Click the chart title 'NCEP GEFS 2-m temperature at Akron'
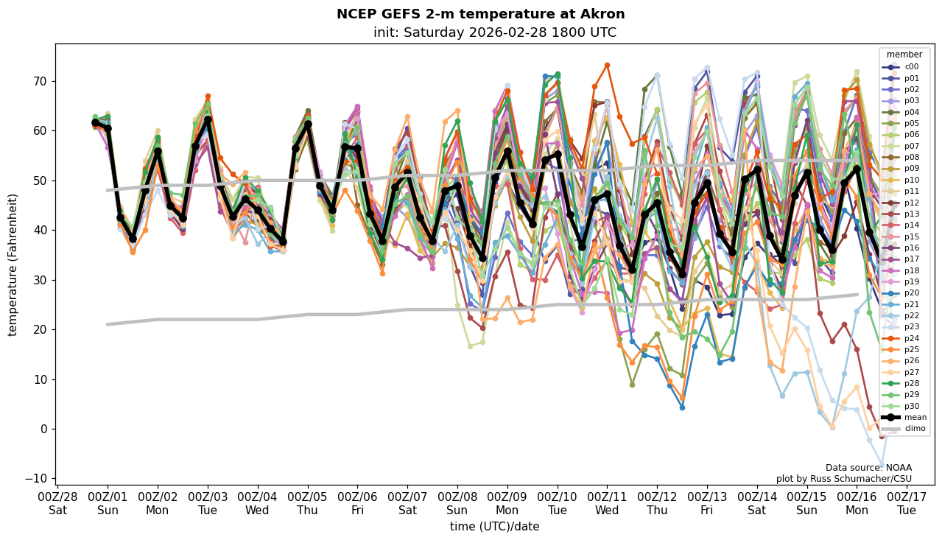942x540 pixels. point(480,14)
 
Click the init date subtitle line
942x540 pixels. point(494,32)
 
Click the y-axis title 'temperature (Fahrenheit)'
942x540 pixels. point(13,264)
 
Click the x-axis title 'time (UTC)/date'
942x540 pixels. point(494,527)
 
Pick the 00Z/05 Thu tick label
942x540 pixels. point(307,503)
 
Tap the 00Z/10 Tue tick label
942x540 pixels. point(557,503)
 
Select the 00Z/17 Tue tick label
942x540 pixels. point(907,503)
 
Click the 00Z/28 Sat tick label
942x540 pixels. point(57,503)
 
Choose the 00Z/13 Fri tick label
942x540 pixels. point(707,503)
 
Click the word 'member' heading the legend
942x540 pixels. point(904,55)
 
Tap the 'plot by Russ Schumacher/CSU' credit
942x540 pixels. point(843,479)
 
